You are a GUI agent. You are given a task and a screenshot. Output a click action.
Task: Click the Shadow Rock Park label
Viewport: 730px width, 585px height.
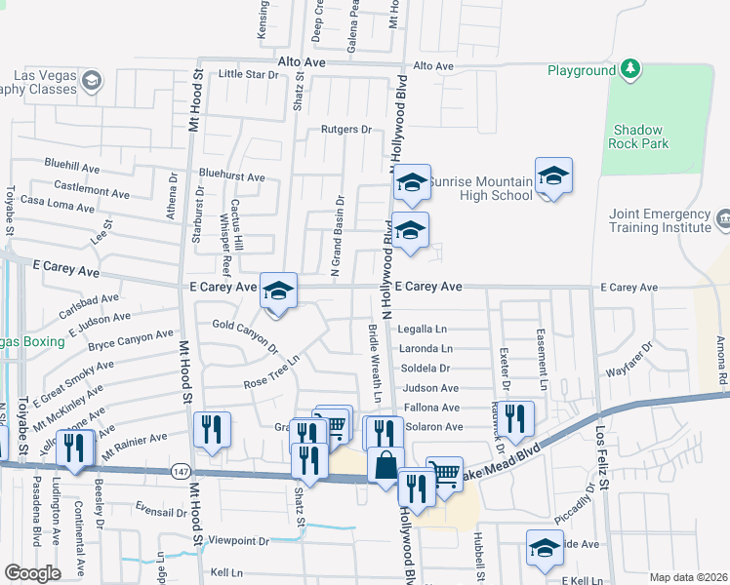[639, 136]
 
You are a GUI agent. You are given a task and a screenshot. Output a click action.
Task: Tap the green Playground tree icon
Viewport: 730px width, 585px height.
[631, 68]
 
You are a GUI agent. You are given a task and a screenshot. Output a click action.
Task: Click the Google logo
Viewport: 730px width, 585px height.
[32, 573]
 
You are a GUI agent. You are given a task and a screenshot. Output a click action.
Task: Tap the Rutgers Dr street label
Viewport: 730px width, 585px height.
[347, 129]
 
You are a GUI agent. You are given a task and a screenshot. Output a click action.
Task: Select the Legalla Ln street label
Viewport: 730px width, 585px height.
[422, 330]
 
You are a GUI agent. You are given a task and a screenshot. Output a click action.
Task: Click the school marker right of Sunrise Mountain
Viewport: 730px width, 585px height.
[553, 176]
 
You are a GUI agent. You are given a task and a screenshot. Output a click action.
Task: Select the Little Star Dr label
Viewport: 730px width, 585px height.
[248, 74]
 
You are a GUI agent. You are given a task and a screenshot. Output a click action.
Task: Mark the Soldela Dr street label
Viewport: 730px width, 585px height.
[425, 369]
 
